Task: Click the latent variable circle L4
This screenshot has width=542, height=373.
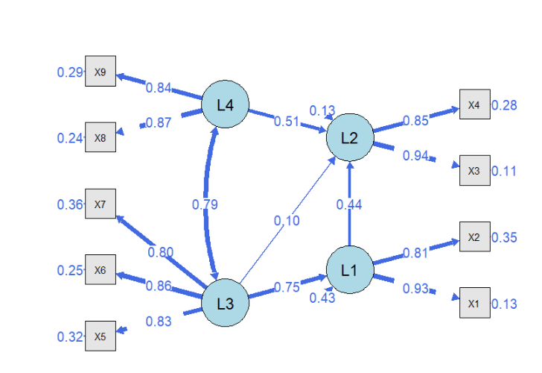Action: coord(225,104)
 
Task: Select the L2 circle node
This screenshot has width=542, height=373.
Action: coord(350,137)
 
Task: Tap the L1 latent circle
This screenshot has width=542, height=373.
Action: coord(350,270)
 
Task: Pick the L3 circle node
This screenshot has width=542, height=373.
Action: coord(225,303)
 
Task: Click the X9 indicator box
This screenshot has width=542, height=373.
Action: coord(101,71)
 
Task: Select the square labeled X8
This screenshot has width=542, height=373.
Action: coord(101,137)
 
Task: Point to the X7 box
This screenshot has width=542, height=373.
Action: coord(101,204)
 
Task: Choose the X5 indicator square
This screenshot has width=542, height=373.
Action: coord(101,336)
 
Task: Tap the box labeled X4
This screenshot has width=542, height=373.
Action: coord(475,104)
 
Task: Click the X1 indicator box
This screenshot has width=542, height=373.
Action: coord(475,303)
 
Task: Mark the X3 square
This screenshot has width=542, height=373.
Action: coord(475,170)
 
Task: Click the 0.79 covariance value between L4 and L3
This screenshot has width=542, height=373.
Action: coord(205,204)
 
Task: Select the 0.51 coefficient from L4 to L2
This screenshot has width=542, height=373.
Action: coord(287,121)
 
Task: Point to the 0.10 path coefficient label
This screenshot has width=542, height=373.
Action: coord(287,221)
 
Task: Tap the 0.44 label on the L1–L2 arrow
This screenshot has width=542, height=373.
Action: coord(349,204)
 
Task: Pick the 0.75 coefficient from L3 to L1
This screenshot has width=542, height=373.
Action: coord(287,287)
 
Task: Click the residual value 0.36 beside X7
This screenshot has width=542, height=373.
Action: coord(70,204)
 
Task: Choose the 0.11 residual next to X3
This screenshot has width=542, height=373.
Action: coord(504,171)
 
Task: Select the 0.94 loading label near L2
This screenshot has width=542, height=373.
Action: coord(415,155)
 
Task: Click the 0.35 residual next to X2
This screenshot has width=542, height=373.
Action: coord(504,237)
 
